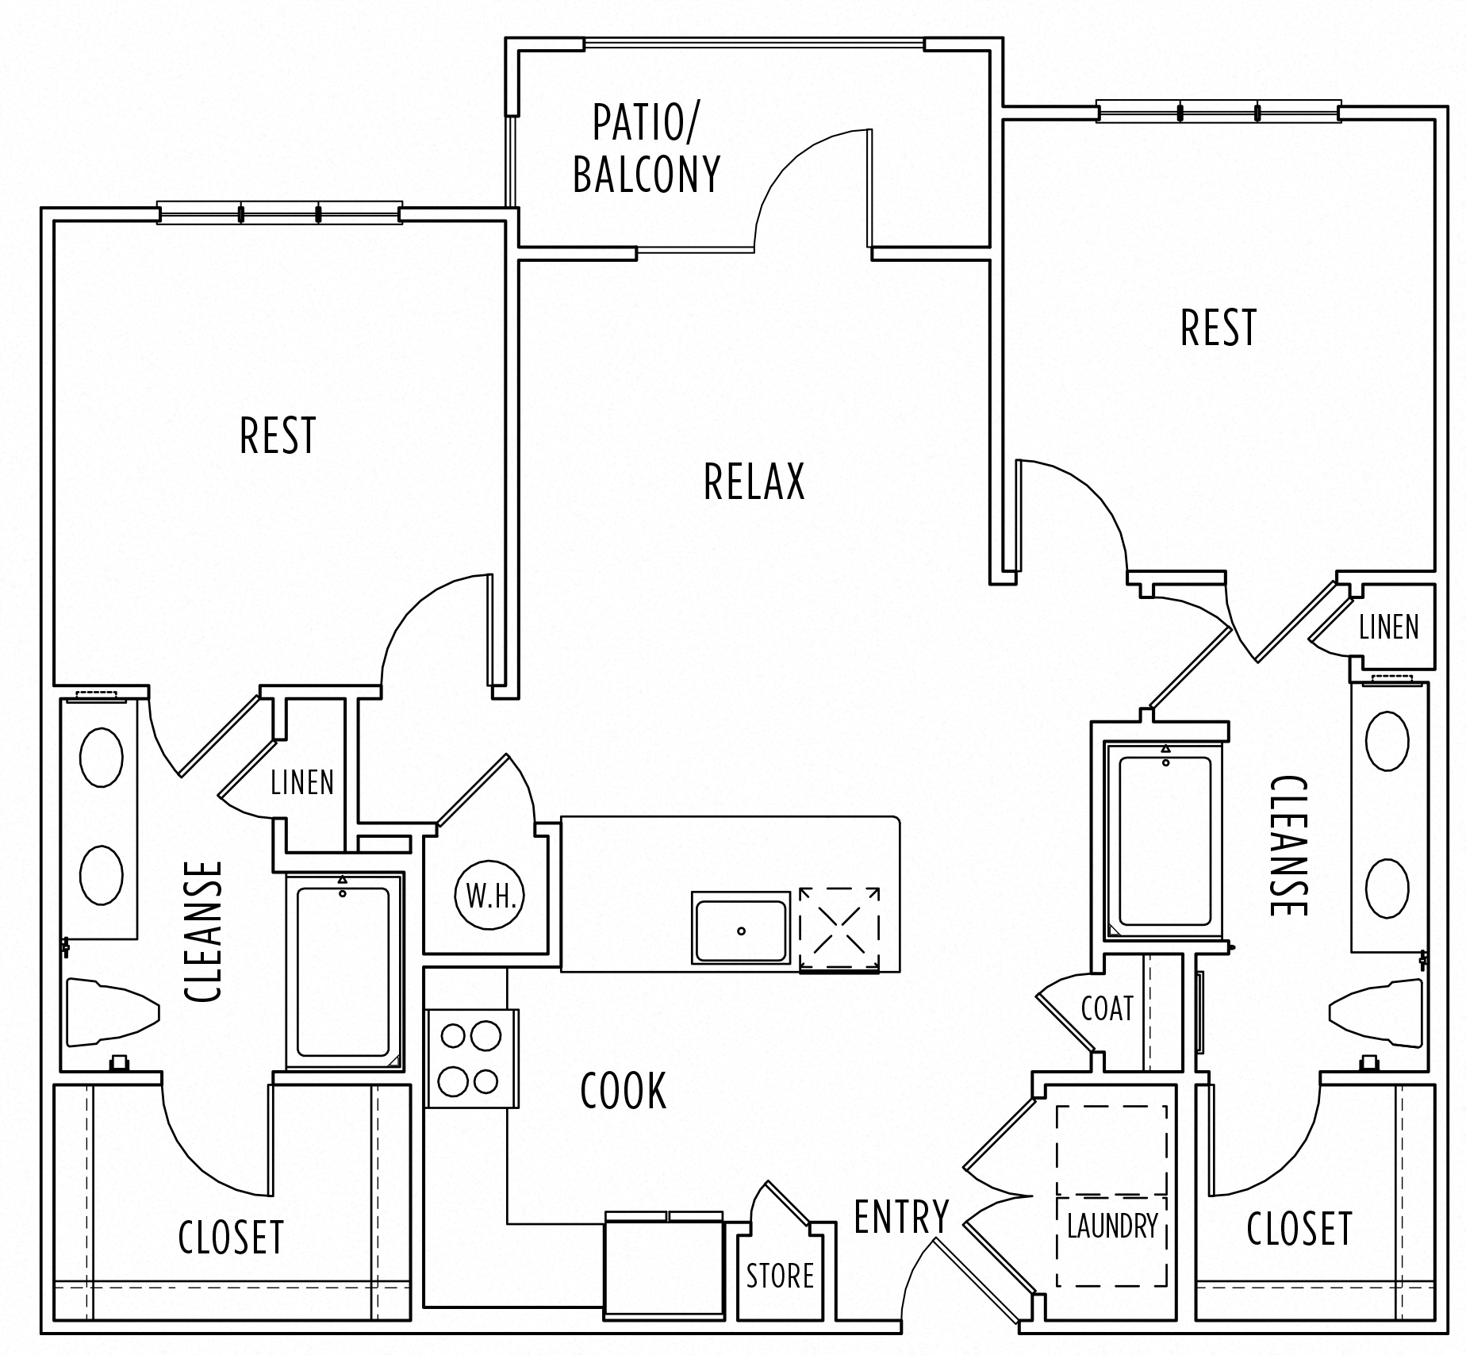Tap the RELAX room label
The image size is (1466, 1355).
754,482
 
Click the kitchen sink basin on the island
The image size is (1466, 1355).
741,928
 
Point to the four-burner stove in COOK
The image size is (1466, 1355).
471,1058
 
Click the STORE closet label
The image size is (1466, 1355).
780,1276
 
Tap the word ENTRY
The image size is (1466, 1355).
901,1216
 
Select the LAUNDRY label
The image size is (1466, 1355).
1112,1226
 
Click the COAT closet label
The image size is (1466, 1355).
1107,1009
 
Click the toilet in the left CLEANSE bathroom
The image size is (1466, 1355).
107,1012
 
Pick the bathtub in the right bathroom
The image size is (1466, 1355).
1165,842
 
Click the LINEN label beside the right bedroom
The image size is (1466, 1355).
1388,628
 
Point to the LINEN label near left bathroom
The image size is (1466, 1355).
302,783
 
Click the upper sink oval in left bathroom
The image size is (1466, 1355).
102,757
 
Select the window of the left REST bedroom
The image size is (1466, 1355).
279,213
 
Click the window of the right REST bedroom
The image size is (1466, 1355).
1218,111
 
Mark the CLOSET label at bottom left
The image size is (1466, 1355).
231,1237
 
